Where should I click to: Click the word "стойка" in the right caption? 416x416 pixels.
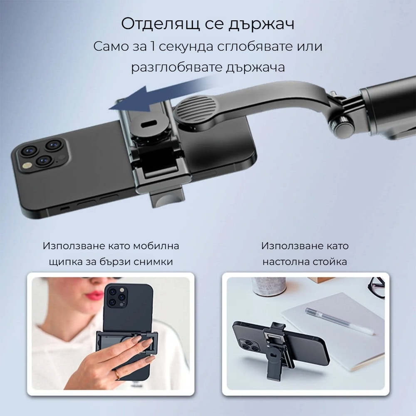pos(330,262)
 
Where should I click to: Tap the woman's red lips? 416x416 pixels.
pos(95,295)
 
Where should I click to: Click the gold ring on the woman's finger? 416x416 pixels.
pos(117,375)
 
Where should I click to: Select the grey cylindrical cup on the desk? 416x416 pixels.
pos(269,287)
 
